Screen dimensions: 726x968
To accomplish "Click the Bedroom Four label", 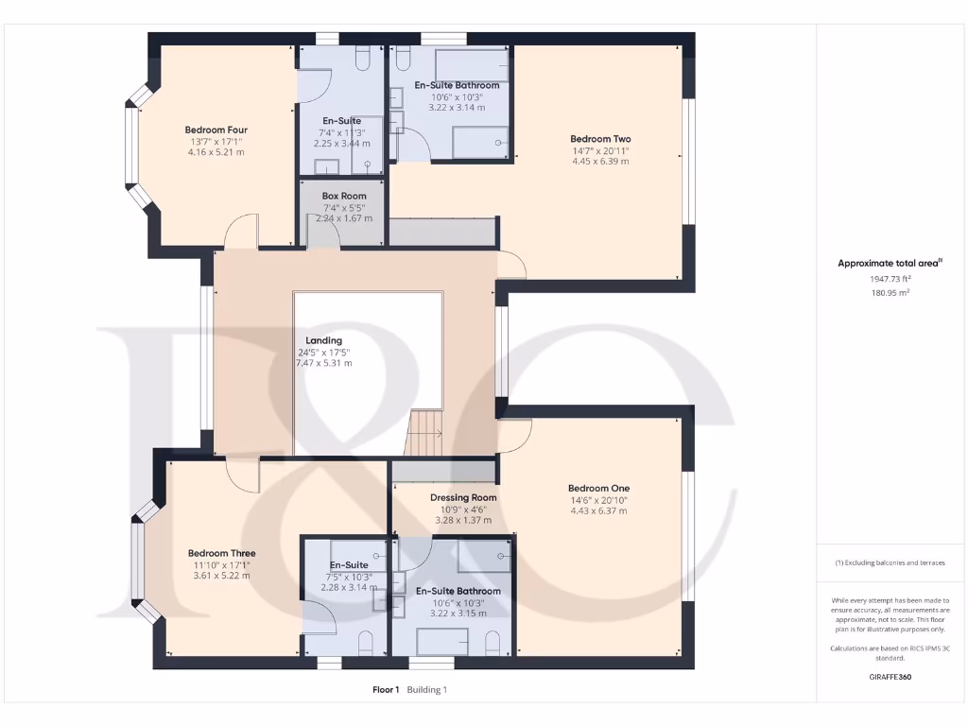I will tap(216, 130).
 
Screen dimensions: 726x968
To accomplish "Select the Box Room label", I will tap(343, 196).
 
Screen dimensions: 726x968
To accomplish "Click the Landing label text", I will tap(323, 340).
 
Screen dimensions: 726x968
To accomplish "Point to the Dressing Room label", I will tap(463, 497).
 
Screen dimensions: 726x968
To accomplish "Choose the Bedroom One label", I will tap(598, 488).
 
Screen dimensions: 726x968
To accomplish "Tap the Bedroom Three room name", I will tap(221, 553).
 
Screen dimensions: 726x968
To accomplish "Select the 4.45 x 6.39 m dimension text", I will tap(600, 161).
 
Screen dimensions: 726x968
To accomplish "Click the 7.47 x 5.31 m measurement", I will tap(323, 363).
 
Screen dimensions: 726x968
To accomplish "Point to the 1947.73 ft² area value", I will tap(890, 279).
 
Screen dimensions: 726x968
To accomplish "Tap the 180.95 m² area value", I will tap(890, 293).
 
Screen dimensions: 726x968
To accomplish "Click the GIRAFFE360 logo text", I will tap(890, 677).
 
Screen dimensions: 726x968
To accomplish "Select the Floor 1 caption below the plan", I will tap(386, 690).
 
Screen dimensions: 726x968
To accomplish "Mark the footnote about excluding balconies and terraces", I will tap(890, 562).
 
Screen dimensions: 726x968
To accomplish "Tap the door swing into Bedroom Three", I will tap(243, 475).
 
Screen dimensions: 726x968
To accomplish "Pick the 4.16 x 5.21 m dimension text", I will tap(216, 152).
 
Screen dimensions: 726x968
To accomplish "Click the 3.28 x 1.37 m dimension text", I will tap(463, 520).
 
